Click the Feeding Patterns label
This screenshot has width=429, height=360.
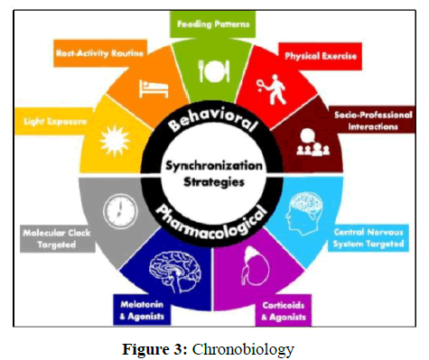click(x=213, y=24)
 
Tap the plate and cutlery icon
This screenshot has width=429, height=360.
click(x=214, y=71)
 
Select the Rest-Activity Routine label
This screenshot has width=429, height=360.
click(x=99, y=53)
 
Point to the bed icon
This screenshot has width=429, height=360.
click(x=154, y=88)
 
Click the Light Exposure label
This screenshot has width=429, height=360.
click(x=55, y=122)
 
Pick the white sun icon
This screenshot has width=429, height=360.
click(x=115, y=141)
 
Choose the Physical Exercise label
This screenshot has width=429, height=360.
click(x=321, y=56)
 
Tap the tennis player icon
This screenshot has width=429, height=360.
click(x=271, y=89)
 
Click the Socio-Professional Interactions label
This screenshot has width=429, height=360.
click(x=373, y=121)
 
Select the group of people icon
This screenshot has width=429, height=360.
click(x=312, y=143)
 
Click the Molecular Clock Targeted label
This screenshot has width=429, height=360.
click(x=57, y=239)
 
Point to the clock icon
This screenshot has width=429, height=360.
click(x=120, y=210)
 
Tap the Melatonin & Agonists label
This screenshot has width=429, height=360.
click(x=142, y=310)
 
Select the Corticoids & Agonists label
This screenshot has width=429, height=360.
click(x=284, y=311)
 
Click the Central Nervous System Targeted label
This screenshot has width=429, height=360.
click(x=368, y=238)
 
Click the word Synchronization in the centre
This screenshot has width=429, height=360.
click(x=214, y=166)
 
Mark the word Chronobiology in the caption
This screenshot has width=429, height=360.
click(x=243, y=349)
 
